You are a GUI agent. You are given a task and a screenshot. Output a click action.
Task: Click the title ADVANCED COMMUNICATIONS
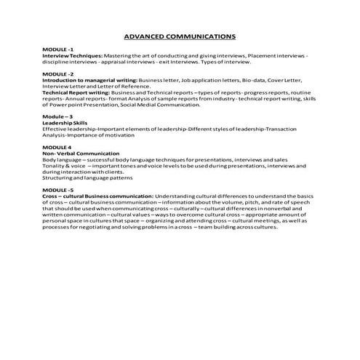[179, 34]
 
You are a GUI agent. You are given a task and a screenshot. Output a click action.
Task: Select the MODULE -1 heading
[58, 48]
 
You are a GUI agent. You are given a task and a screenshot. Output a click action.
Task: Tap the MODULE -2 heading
[58, 73]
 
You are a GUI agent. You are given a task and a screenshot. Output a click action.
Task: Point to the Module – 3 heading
[57, 116]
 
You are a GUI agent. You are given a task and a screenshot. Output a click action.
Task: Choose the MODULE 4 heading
[57, 148]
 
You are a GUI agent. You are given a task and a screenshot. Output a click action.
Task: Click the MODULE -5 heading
[58, 189]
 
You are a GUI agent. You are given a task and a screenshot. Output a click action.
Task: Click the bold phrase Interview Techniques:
[72, 55]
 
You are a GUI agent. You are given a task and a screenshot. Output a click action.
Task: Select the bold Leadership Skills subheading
[64, 123]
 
